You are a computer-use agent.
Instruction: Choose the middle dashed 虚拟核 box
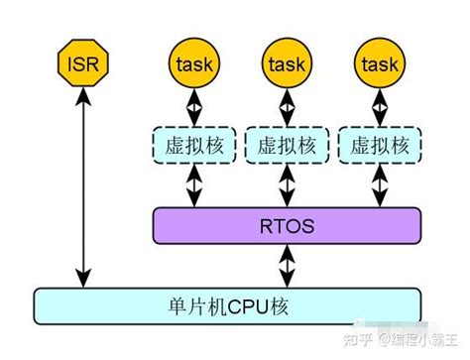286,146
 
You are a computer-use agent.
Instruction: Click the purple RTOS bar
286,226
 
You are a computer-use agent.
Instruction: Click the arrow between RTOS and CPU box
286,265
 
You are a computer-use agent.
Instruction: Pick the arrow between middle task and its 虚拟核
286,105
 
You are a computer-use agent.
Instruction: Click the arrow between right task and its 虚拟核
379,105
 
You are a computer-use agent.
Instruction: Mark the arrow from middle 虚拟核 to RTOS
286,186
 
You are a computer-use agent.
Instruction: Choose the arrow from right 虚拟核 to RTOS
379,186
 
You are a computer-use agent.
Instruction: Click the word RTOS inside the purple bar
286,226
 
